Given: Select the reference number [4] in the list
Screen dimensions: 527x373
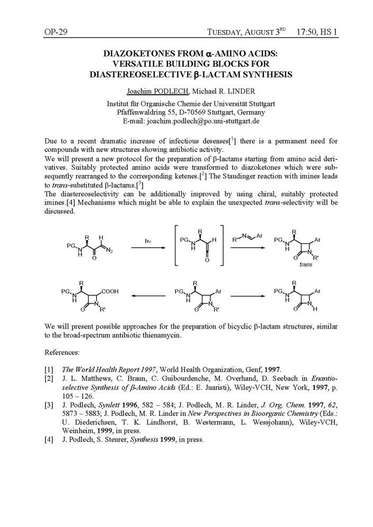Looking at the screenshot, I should (49, 439).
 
